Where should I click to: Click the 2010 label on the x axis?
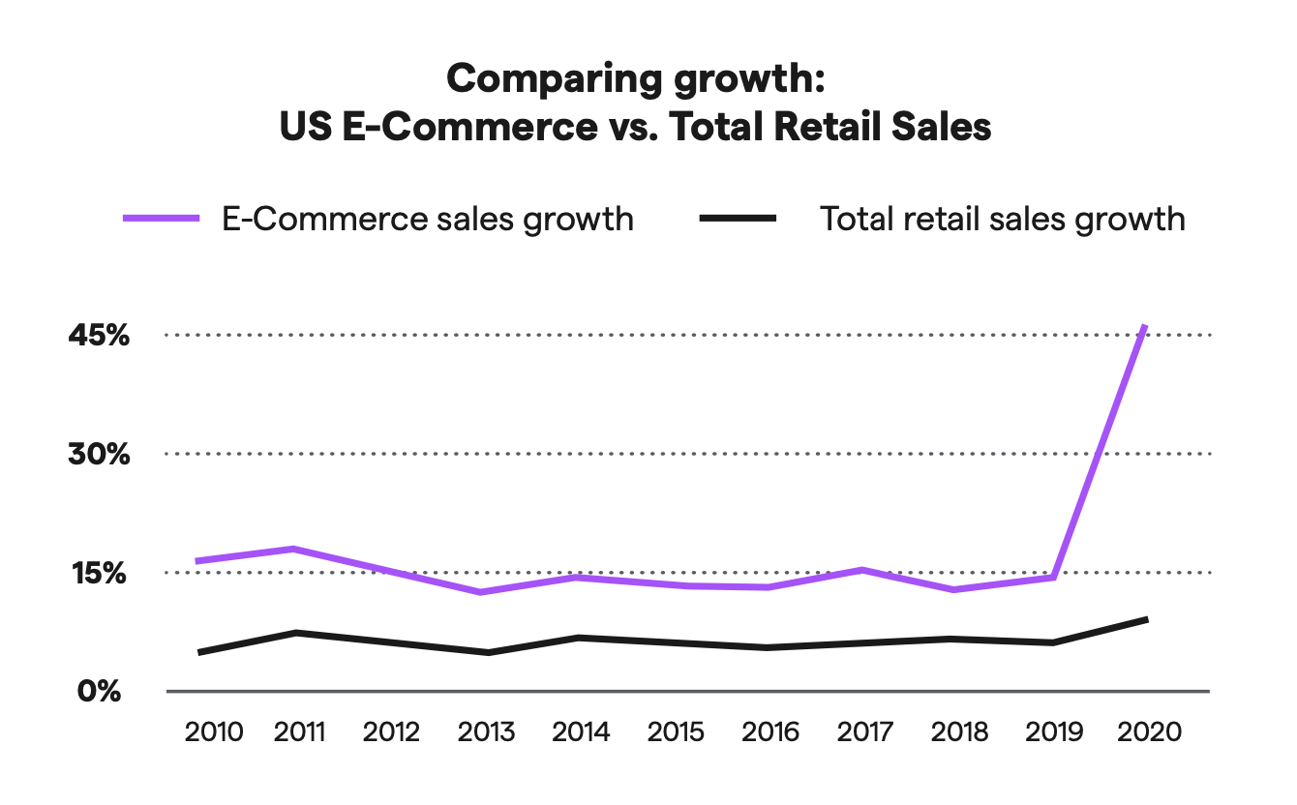click(x=214, y=731)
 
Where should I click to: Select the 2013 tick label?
click(x=487, y=731)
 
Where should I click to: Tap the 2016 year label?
click(x=770, y=731)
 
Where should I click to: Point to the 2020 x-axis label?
click(x=1149, y=731)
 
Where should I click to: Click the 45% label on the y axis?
click(x=98, y=336)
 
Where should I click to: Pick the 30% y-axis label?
click(x=98, y=454)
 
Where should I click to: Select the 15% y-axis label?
click(x=98, y=573)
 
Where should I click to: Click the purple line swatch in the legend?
click(x=161, y=219)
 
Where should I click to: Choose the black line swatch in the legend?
click(x=738, y=219)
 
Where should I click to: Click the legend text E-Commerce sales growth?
click(x=428, y=219)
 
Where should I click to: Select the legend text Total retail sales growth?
click(x=1003, y=219)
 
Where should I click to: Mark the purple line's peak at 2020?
click(x=1146, y=327)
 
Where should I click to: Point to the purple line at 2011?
click(x=292, y=549)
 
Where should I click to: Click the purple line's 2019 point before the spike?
click(x=1052, y=578)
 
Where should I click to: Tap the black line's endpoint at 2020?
click(x=1147, y=619)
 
